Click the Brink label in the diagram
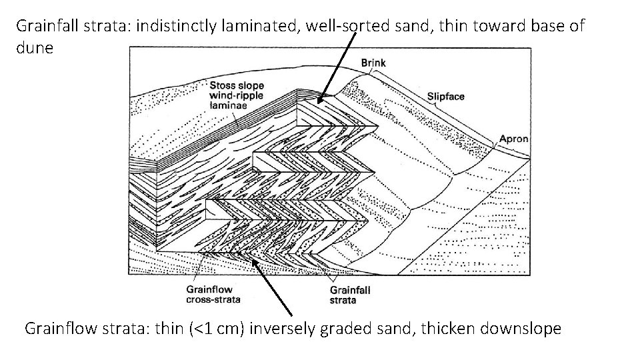(x=373, y=63)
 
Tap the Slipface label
(x=446, y=97)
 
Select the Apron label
(x=513, y=139)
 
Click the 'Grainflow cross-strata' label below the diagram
(x=213, y=295)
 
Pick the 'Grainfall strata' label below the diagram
(x=350, y=295)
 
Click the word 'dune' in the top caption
(x=33, y=49)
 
